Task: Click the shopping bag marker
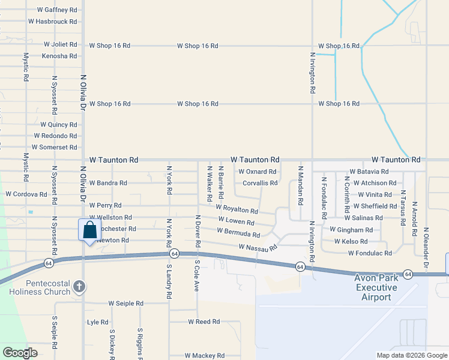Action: (x=89, y=230)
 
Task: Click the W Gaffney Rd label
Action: (x=57, y=10)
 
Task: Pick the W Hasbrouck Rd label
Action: (x=52, y=22)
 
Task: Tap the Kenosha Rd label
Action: (x=59, y=56)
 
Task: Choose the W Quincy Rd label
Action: (x=59, y=125)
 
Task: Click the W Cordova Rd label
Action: (x=26, y=194)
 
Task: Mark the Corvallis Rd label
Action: (x=260, y=183)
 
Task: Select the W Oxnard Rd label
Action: (x=258, y=172)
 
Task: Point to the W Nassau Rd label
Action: (x=258, y=247)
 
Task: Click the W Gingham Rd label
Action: (x=351, y=230)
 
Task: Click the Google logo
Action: (x=20, y=353)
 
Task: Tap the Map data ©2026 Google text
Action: (x=411, y=355)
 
